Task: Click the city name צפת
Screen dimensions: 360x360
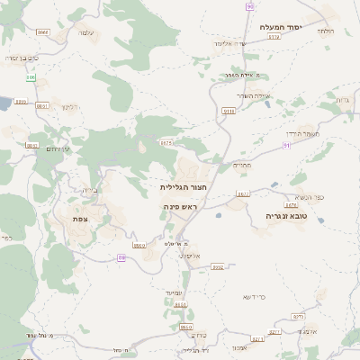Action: point(80,219)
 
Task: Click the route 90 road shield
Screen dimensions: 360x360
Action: point(249,5)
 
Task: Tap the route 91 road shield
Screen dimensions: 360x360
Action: point(286,144)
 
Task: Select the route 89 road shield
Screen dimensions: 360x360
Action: point(121,258)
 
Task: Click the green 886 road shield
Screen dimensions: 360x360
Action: point(31,78)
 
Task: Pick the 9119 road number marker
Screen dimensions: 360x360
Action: point(229,111)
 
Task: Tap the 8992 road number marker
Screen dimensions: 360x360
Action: point(217,266)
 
